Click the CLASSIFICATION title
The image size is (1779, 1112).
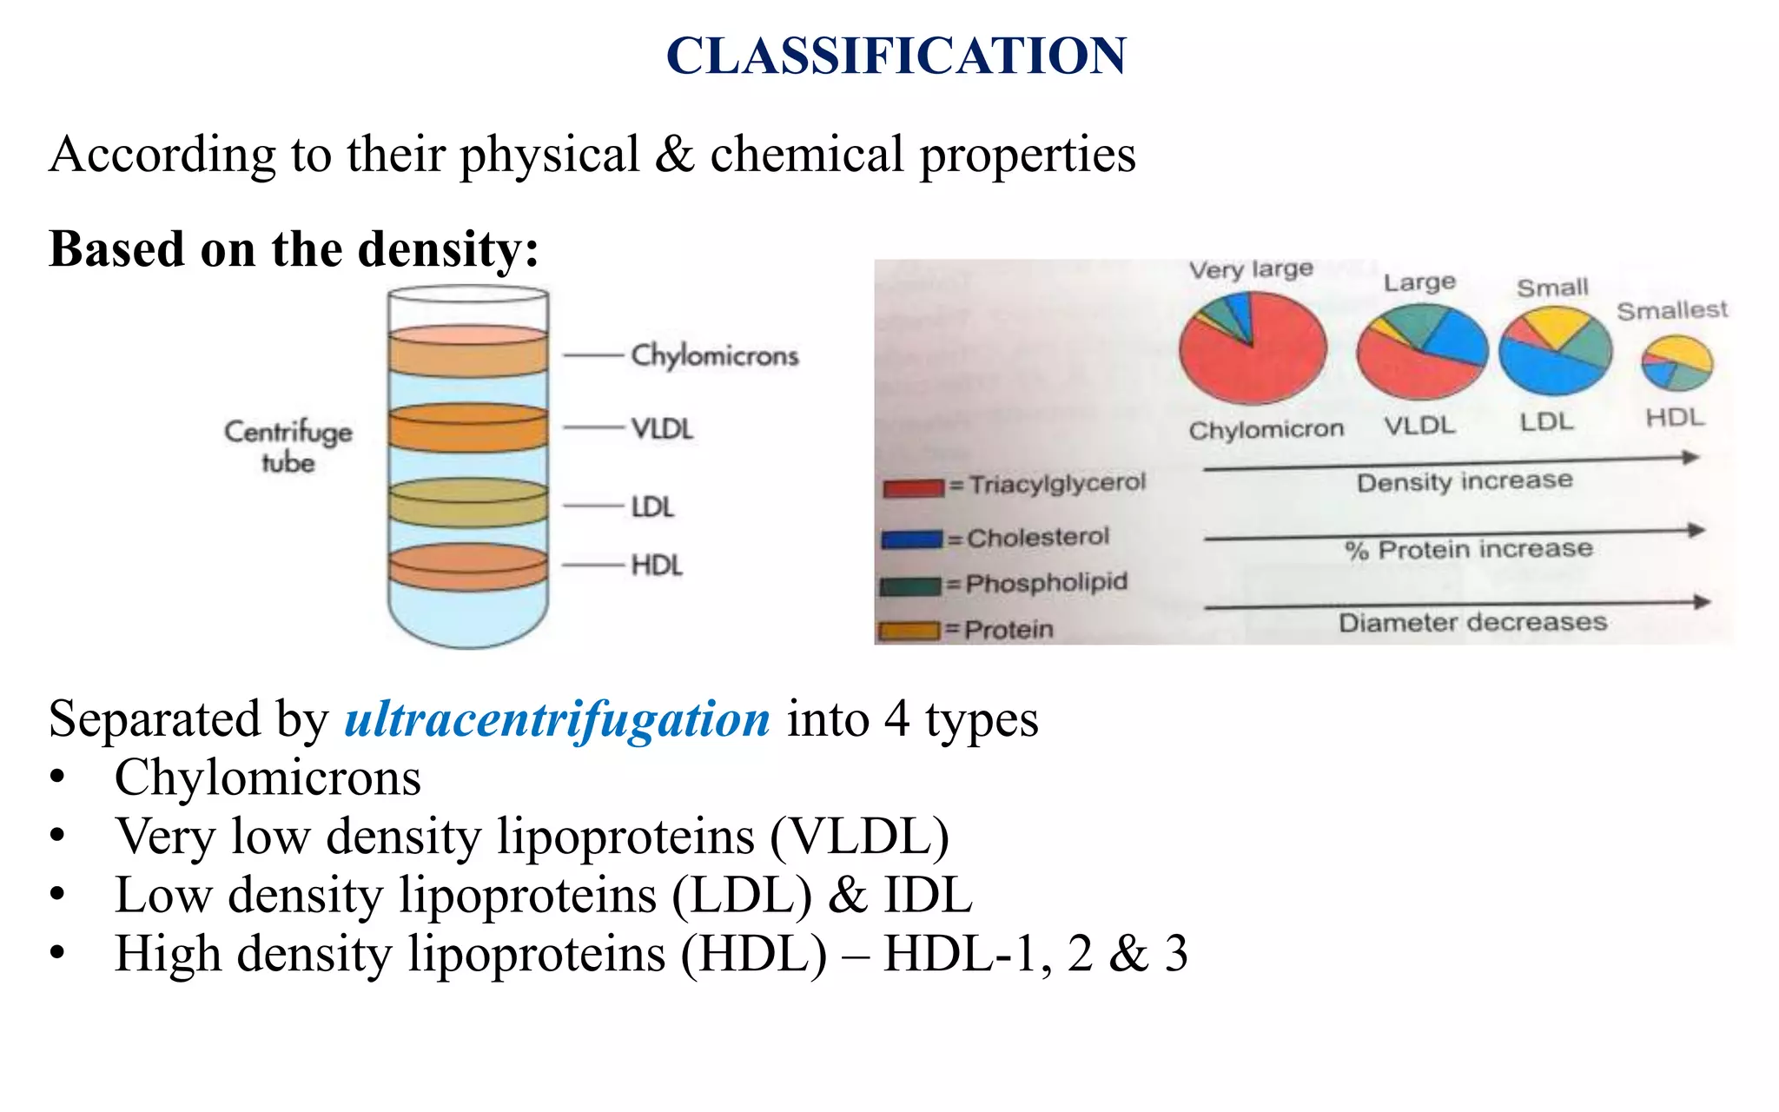(896, 56)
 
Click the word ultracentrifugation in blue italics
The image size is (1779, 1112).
(557, 719)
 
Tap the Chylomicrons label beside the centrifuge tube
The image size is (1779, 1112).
(714, 355)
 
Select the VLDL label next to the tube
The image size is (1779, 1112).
(662, 428)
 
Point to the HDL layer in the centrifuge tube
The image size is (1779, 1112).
(467, 568)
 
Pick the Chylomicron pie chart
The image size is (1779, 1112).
(1253, 348)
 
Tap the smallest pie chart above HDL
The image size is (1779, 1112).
(1676, 362)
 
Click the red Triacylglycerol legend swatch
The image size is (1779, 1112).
(913, 487)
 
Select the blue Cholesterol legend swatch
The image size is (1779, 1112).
(911, 539)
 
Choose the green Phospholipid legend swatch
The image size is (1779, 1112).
(909, 586)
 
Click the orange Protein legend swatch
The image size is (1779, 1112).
(909, 631)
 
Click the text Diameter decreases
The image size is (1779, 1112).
(1472, 623)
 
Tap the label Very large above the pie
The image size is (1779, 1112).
(1250, 270)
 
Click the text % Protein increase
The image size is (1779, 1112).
(1468, 550)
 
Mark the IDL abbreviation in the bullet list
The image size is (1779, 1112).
(927, 895)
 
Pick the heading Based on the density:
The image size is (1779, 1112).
(294, 249)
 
